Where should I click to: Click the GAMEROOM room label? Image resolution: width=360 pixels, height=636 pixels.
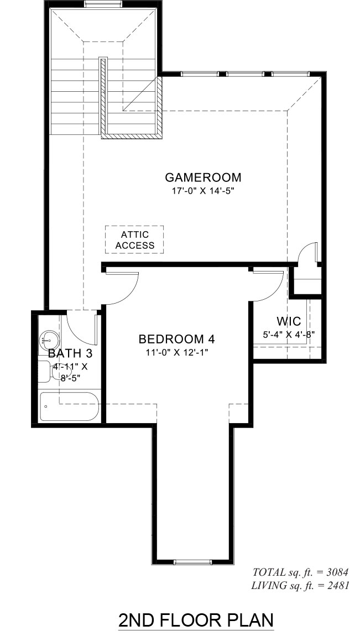point(203,178)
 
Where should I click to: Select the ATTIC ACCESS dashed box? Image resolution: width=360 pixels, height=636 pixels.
point(134,239)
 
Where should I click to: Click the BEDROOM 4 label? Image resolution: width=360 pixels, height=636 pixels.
point(176,338)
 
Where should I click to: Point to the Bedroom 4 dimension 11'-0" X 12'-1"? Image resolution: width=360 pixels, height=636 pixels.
point(177,352)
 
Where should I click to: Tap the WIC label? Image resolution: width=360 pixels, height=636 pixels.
point(289,322)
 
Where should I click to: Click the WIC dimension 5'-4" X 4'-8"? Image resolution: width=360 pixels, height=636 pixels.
point(289,335)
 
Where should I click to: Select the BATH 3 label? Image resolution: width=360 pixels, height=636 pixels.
point(70,353)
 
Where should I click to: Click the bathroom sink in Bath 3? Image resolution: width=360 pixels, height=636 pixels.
point(49,340)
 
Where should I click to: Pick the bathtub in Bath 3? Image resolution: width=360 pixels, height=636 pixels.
point(69,407)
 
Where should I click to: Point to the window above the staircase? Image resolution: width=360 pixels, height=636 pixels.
point(103,4)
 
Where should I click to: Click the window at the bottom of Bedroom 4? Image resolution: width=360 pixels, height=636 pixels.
point(192,562)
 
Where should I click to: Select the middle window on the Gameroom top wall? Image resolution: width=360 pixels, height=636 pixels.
point(246,74)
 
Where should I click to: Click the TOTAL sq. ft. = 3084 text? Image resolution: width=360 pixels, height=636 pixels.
point(300,572)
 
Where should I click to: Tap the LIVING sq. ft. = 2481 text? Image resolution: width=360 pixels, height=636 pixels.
point(300,585)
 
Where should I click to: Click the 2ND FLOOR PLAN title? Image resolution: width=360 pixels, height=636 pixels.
point(196,620)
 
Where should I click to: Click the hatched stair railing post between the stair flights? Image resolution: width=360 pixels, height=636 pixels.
point(103,95)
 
